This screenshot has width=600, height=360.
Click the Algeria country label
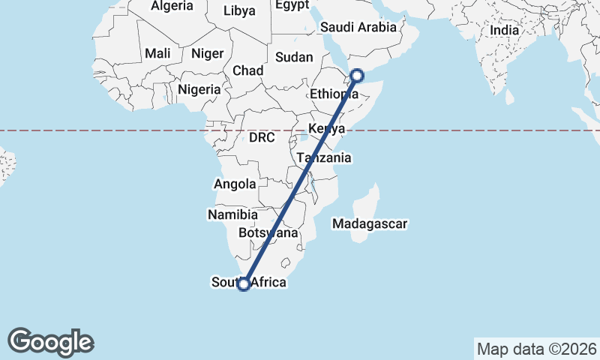tap(172, 6)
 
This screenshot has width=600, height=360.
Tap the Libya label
tap(239, 10)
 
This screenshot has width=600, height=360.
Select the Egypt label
tap(292, 5)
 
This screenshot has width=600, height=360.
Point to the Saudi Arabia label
tap(358, 27)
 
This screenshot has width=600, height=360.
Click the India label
tap(505, 31)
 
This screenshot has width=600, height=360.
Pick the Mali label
tap(157, 53)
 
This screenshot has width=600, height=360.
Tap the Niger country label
tap(207, 53)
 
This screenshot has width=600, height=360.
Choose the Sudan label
tap(294, 57)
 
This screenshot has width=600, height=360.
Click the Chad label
tap(247, 70)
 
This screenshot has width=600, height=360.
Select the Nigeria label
tap(199, 89)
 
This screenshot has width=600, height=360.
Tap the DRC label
tap(262, 138)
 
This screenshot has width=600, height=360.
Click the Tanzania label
tap(324, 158)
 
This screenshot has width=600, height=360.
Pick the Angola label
tap(235, 184)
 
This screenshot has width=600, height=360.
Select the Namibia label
tap(233, 214)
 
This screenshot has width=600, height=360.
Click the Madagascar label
tap(370, 223)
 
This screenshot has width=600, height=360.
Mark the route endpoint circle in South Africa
tap(243, 283)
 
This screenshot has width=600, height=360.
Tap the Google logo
tap(50, 342)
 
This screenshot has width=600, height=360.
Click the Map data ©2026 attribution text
tap(537, 349)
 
